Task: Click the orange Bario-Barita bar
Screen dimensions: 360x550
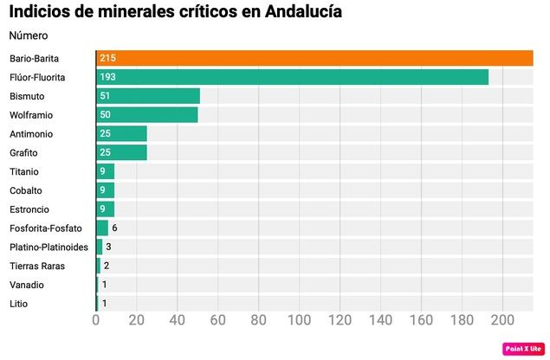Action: pyautogui.click(x=314, y=58)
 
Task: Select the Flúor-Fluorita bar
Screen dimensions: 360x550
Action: pyautogui.click(x=292, y=77)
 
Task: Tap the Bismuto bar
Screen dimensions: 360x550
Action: pyautogui.click(x=148, y=96)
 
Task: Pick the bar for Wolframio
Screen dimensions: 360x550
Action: pyautogui.click(x=147, y=115)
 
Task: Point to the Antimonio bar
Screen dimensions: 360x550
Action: pyautogui.click(x=121, y=134)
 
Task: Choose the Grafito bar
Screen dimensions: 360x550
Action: pyautogui.click(x=121, y=153)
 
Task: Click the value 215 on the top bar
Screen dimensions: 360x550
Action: pyautogui.click(x=107, y=58)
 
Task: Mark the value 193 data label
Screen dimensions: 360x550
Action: pyautogui.click(x=107, y=77)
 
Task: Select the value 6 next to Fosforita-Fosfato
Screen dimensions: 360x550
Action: pyautogui.click(x=114, y=228)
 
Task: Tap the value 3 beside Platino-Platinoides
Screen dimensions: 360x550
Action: pyautogui.click(x=108, y=247)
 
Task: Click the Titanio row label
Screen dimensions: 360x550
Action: pyautogui.click(x=24, y=172)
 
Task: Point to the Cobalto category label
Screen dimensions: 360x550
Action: pyautogui.click(x=26, y=190)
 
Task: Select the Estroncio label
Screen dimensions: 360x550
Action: pyautogui.click(x=29, y=209)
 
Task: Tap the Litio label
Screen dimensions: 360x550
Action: pyautogui.click(x=18, y=304)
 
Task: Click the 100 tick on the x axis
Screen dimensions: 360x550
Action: pyautogui.click(x=299, y=320)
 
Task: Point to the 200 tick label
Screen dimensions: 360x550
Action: pyautogui.click(x=502, y=320)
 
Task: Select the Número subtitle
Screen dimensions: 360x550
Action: pyautogui.click(x=29, y=35)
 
